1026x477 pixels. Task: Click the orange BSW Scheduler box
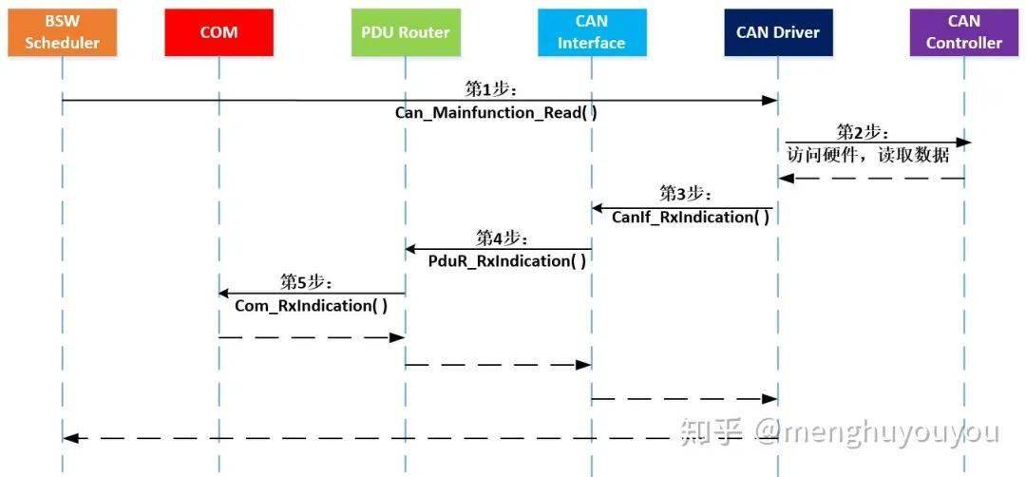62,32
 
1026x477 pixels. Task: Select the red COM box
218,32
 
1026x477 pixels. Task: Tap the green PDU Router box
405,32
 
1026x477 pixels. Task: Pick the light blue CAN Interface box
591,32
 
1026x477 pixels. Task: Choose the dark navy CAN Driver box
777,32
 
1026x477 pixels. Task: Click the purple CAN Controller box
963,32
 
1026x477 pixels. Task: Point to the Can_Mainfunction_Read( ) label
496,112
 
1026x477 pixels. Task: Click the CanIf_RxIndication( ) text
690,218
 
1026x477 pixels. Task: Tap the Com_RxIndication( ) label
312,306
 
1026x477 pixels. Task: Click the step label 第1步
490,88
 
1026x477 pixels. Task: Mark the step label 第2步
862,132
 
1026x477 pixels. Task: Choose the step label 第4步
502,238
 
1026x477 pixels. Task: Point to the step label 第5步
306,282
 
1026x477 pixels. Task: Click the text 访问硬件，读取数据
867,155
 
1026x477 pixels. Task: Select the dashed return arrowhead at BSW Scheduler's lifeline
69,438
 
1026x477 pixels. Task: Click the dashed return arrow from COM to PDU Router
312,336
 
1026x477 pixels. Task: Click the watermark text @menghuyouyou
876,432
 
